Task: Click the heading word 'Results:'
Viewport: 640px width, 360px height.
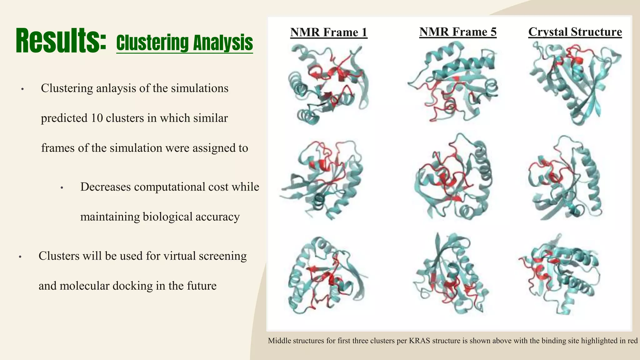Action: pyautogui.click(x=61, y=41)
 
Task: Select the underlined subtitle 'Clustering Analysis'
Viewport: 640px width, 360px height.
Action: pyautogui.click(x=184, y=43)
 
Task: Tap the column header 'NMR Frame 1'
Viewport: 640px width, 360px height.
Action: pyautogui.click(x=329, y=32)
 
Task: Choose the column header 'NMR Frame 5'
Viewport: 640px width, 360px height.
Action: pyautogui.click(x=458, y=32)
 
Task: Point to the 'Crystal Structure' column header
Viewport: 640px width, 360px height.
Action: pyautogui.click(x=575, y=32)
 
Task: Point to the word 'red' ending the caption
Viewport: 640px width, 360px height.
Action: pyautogui.click(x=632, y=341)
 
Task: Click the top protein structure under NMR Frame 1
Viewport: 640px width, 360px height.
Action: pyautogui.click(x=328, y=84)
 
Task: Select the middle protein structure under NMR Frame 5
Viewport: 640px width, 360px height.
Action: pyautogui.click(x=453, y=178)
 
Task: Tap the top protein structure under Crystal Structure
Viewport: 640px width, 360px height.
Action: pyautogui.click(x=575, y=83)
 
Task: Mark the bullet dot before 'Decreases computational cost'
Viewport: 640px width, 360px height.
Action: pyautogui.click(x=62, y=188)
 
